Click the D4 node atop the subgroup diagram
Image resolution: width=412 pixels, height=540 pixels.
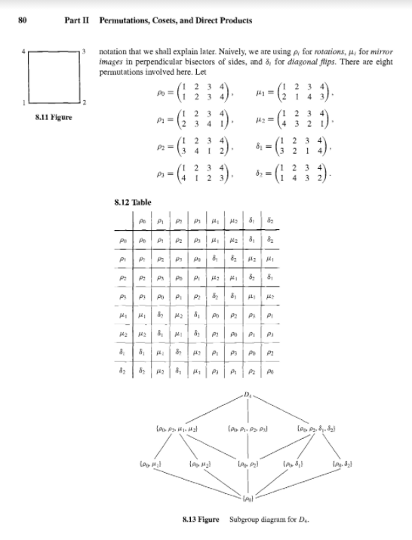pos(248,395)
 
